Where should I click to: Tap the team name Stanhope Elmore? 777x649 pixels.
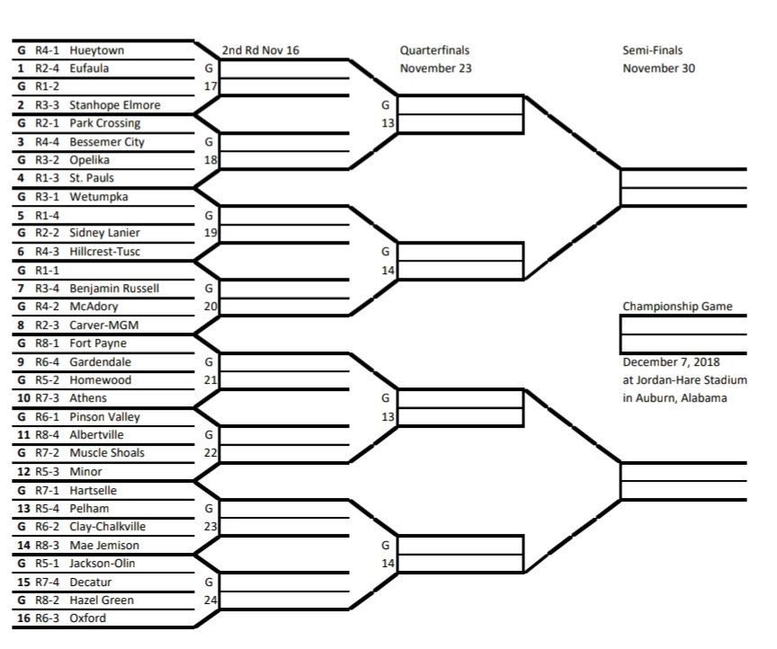115,105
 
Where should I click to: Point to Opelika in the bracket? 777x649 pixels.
89,160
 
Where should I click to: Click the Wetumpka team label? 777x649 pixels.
96,197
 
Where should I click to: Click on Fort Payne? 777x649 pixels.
98,343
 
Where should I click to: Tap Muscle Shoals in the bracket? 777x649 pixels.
107,453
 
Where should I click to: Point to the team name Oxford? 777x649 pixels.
87,618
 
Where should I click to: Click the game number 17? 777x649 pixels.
211,87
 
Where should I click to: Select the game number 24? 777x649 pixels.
211,600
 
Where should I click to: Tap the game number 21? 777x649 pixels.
211,380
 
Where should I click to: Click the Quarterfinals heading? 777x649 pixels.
434,50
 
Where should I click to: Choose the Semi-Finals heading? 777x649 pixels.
652,50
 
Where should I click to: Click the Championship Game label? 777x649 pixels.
677,307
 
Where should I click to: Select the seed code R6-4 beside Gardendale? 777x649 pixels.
48,361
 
